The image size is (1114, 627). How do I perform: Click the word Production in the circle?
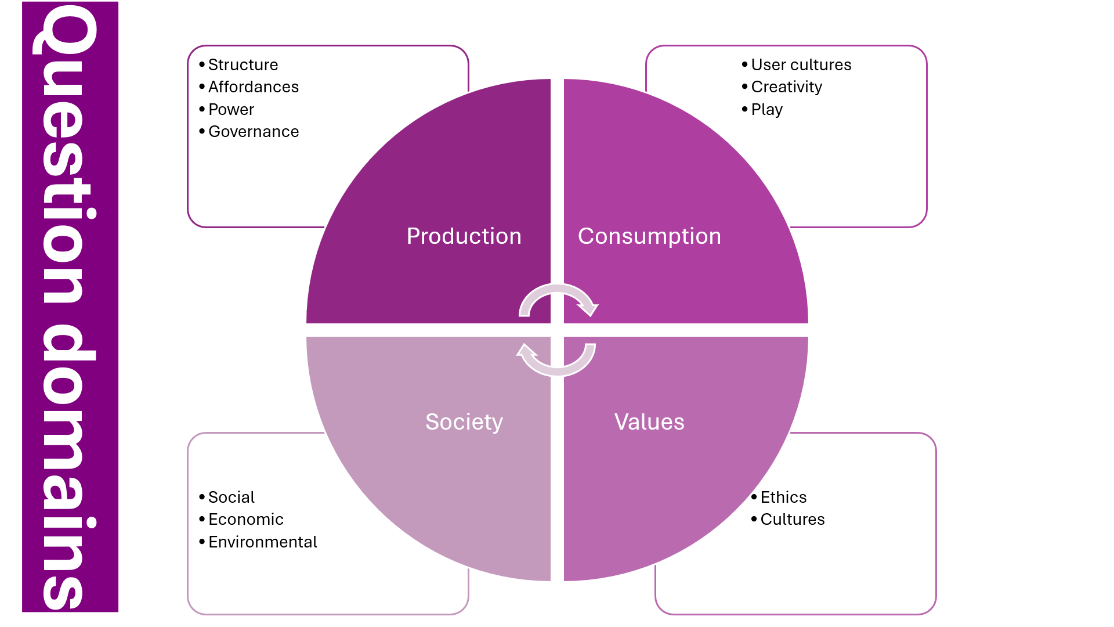[x=464, y=236]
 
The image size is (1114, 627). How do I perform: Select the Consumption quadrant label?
[x=649, y=236]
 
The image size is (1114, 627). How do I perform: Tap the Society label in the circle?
[x=464, y=422]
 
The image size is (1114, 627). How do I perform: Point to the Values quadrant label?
[x=649, y=422]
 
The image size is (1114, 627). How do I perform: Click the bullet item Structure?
[x=243, y=64]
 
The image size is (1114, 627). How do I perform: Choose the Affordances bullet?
[x=253, y=87]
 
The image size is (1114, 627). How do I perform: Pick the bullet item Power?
[x=231, y=110]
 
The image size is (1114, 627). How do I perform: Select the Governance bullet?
[x=253, y=132]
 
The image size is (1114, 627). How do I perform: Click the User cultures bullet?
[x=801, y=64]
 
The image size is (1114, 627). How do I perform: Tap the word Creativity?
[x=786, y=87]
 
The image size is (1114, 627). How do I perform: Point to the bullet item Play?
[x=766, y=110]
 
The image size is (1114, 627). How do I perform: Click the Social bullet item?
[x=231, y=498]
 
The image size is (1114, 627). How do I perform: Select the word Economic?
[x=245, y=520]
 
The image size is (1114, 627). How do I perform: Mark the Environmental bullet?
[x=262, y=542]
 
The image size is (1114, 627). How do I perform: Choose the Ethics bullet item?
[x=783, y=498]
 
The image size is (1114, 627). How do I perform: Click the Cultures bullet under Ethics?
[x=792, y=520]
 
